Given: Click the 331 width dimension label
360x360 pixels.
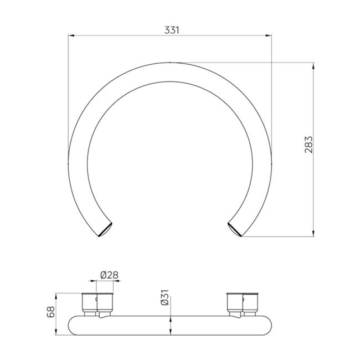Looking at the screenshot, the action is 172,30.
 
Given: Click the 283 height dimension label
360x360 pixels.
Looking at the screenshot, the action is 308,145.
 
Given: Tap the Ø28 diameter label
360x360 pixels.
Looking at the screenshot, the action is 109,275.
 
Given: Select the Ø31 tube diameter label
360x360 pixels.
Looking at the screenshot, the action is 165,297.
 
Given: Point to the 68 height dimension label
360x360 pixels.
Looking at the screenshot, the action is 51,312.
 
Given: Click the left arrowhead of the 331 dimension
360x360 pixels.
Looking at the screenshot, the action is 71,35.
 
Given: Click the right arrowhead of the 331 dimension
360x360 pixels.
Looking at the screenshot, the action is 269,35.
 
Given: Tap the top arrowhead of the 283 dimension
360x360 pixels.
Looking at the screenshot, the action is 313,65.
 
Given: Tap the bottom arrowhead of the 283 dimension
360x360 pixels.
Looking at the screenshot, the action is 313,233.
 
